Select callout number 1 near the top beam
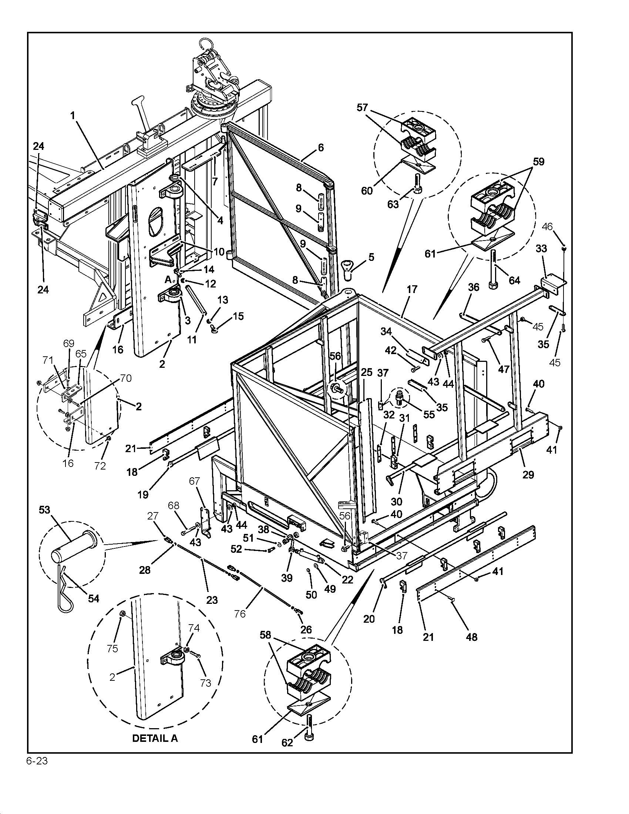point(73,115)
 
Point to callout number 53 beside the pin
point(44,509)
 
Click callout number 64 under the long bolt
point(514,280)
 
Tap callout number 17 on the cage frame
point(412,289)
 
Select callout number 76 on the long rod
point(240,613)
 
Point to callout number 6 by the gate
point(320,148)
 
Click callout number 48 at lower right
point(471,637)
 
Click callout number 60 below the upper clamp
point(367,191)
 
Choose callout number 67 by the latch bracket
point(195,481)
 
